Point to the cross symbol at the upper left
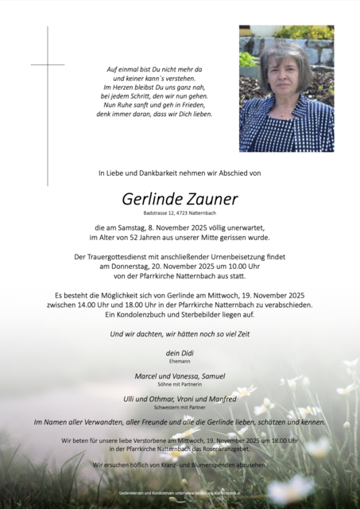pyautogui.click(x=48, y=64)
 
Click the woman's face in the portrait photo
pyautogui.click(x=282, y=72)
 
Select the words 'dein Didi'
pyautogui.click(x=180, y=352)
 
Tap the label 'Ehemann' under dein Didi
pyautogui.click(x=180, y=360)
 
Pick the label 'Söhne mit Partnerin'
pyautogui.click(x=180, y=384)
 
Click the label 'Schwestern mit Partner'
pyautogui.click(x=180, y=408)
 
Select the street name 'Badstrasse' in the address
pyautogui.click(x=156, y=213)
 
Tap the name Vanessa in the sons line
pyautogui.click(x=178, y=375)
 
